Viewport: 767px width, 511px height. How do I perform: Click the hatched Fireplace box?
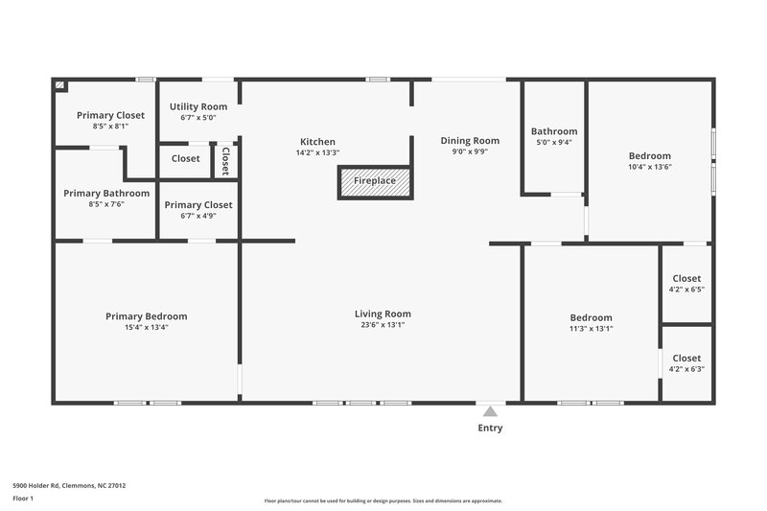pyautogui.click(x=374, y=181)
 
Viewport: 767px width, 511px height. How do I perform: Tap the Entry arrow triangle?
pyautogui.click(x=490, y=411)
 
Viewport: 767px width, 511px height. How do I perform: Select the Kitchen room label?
pyautogui.click(x=317, y=142)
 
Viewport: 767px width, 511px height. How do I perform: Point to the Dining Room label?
pyautogui.click(x=470, y=140)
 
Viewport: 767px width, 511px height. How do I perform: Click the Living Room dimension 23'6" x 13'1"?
pyautogui.click(x=383, y=325)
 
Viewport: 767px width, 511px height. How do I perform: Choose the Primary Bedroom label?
pyautogui.click(x=146, y=316)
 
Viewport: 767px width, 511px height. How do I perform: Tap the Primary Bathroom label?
pyautogui.click(x=107, y=193)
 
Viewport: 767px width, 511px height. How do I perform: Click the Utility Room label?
pyautogui.click(x=198, y=106)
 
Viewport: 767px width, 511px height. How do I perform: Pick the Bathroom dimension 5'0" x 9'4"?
pyautogui.click(x=554, y=143)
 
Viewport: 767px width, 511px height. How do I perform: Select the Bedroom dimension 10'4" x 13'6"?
pyautogui.click(x=649, y=167)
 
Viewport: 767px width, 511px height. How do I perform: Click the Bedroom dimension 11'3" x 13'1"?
pyautogui.click(x=591, y=329)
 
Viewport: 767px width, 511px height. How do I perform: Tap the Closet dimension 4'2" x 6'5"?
pyautogui.click(x=686, y=290)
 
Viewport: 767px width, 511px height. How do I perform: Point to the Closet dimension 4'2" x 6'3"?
pyautogui.click(x=686, y=369)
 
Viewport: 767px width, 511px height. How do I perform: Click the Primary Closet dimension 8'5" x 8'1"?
pyautogui.click(x=110, y=126)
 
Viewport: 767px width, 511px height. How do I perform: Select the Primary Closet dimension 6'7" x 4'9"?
pyautogui.click(x=198, y=216)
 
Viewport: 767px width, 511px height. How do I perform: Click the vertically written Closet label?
pyautogui.click(x=225, y=160)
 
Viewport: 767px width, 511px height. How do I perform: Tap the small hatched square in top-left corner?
pyautogui.click(x=60, y=85)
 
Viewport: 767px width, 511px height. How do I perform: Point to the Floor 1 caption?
pyautogui.click(x=23, y=499)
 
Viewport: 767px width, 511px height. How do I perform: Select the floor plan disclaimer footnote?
pyautogui.click(x=383, y=500)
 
